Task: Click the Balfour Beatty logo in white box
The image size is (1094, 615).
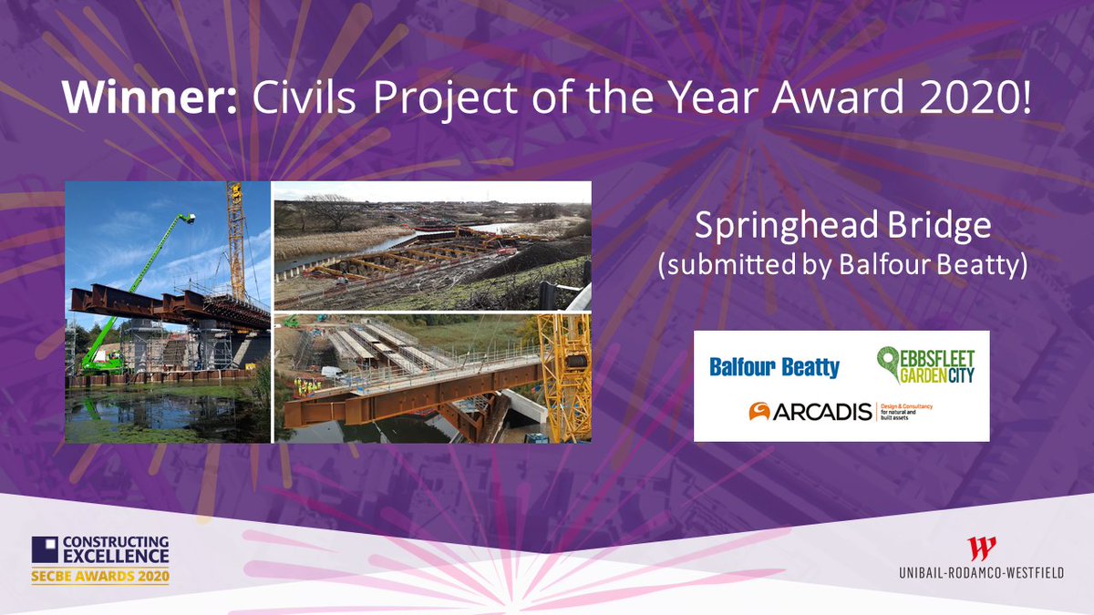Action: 774,368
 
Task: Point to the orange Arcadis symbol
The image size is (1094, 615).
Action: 759,413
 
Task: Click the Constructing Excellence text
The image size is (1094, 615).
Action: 115,548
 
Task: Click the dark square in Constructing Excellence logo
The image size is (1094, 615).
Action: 45,549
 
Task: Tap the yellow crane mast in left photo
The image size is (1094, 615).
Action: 236,237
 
